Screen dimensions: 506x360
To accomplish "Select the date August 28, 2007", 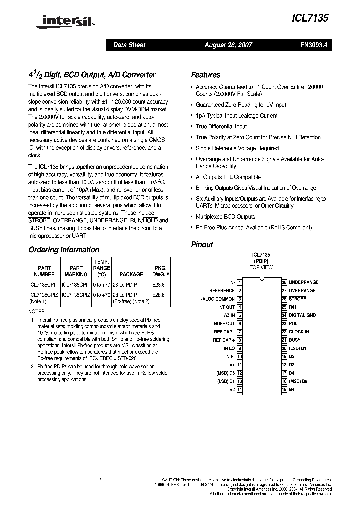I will pyautogui.click(x=228, y=45).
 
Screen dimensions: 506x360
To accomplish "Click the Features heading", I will pyautogui.click(x=205, y=75).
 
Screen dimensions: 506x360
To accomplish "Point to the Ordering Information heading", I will pyautogui.click(x=64, y=250).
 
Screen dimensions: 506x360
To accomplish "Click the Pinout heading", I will pyautogui.click(x=202, y=245).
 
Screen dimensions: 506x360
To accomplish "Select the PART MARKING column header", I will pyautogui.click(x=76, y=271).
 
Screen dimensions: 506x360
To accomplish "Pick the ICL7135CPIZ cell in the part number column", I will pyautogui.click(x=44, y=295).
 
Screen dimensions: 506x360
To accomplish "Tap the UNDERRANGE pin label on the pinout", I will pyautogui.click(x=303, y=282).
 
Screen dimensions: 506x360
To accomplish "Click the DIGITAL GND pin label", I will pyautogui.click(x=302, y=315).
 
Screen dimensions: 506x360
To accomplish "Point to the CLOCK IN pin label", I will pyautogui.click(x=299, y=332).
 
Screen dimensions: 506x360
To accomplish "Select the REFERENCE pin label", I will pyautogui.click(x=222, y=291).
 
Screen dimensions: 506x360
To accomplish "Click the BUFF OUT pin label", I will pyautogui.click(x=224, y=324).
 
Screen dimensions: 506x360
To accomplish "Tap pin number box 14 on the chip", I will pyautogui.click(x=240, y=389).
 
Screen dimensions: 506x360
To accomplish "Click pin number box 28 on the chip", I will pyautogui.click(x=284, y=282).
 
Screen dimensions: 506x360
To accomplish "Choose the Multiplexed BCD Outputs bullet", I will pyautogui.click(x=225, y=217).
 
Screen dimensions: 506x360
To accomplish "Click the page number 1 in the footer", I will pyautogui.click(x=100, y=481).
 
